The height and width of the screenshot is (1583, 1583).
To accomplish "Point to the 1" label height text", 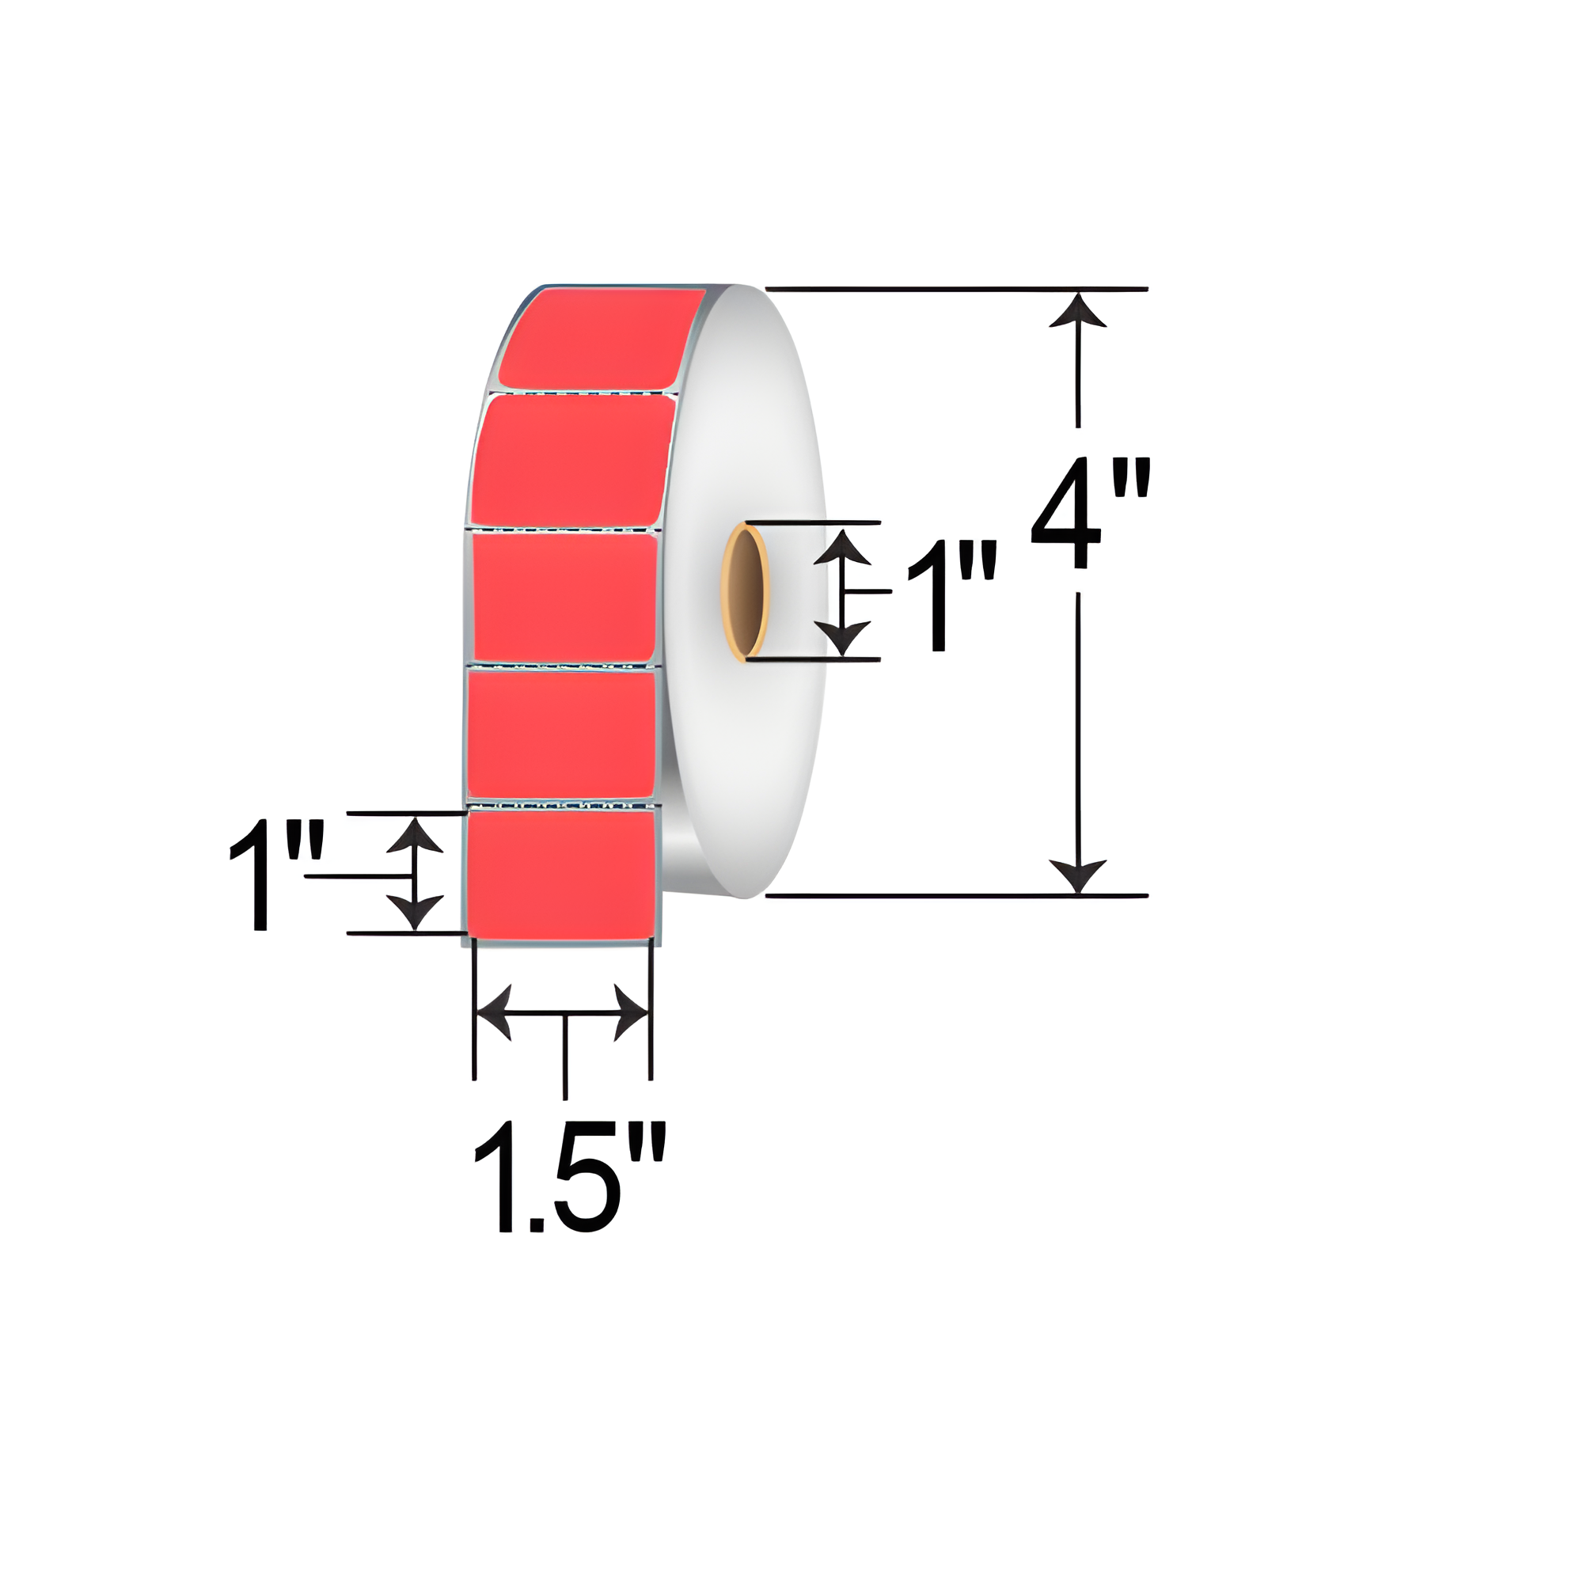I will pos(276,875).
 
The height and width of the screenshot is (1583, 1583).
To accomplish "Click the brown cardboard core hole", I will pos(744,592).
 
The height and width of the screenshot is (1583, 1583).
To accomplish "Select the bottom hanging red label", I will pos(560,871).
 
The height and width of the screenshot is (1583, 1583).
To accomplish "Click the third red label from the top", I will pos(565,597).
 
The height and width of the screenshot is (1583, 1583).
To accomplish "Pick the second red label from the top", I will pos(574,461).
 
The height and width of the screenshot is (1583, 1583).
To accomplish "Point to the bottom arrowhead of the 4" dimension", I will pos(1077,875).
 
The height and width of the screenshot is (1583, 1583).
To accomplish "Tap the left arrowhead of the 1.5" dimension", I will pos(493,1014).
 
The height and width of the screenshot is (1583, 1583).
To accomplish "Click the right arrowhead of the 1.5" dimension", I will pos(632,1014).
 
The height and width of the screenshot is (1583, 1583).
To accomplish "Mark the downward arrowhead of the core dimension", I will pos(842,636).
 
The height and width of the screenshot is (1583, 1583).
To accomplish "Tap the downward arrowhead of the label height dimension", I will pos(415,912).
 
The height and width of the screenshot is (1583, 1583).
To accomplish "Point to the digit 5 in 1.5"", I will pos(586,1179).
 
